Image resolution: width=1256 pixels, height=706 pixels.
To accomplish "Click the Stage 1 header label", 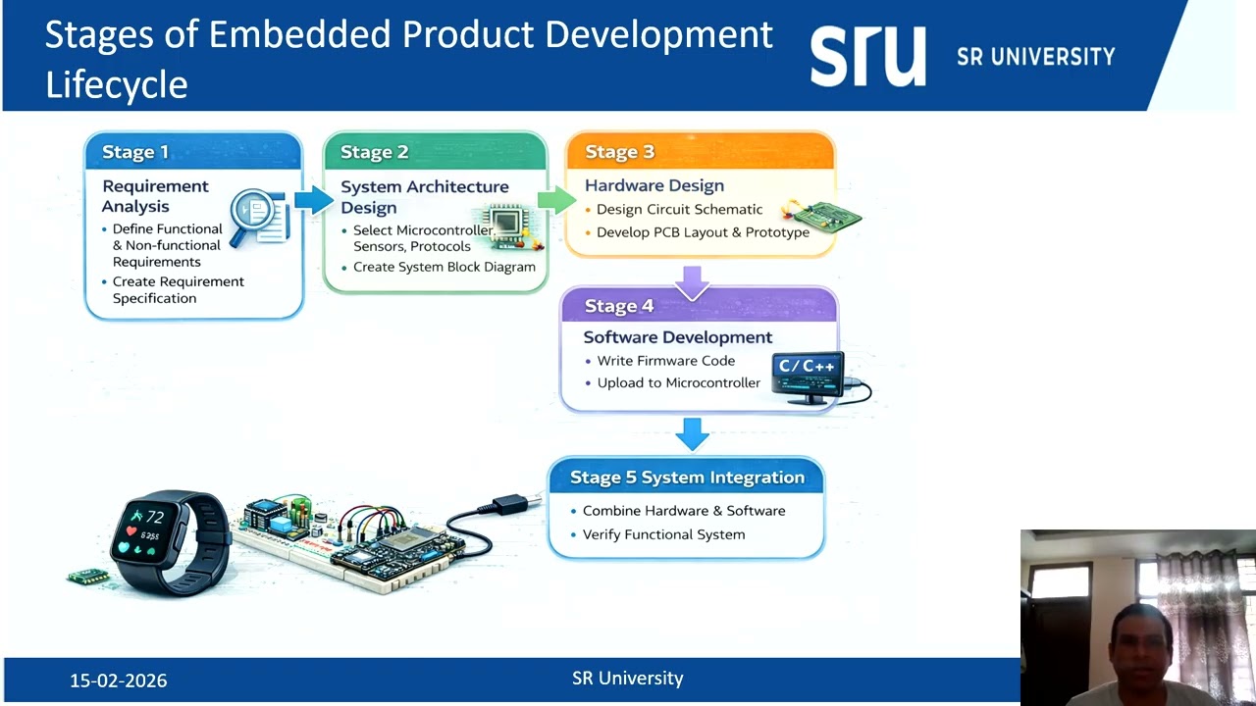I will pyautogui.click(x=135, y=152).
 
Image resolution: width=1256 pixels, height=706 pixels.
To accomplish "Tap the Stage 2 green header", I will pyautogui.click(x=374, y=152).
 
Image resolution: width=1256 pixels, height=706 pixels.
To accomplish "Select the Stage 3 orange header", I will pyautogui.click(x=619, y=152).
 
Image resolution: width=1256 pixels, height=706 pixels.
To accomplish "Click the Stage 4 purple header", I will pyautogui.click(x=619, y=306).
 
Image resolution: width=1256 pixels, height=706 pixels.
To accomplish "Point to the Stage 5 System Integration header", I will pyautogui.click(x=687, y=478).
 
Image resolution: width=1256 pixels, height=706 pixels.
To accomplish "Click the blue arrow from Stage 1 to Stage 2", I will pyautogui.click(x=313, y=200).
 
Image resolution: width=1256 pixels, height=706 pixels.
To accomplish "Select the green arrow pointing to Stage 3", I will pyautogui.click(x=556, y=200).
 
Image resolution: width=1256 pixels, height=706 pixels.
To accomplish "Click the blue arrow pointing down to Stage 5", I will pyautogui.click(x=693, y=433).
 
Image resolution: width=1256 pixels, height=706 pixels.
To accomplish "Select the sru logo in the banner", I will pyautogui.click(x=867, y=56).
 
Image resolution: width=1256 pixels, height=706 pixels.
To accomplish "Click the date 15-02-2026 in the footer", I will pyautogui.click(x=119, y=681).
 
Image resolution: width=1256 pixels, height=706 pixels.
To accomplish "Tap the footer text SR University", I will pyautogui.click(x=628, y=679).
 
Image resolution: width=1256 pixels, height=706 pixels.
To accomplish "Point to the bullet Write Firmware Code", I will pyautogui.click(x=665, y=361).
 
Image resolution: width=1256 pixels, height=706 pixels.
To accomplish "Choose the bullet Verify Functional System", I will pyautogui.click(x=663, y=534).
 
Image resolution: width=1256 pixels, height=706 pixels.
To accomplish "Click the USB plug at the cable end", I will pyautogui.click(x=511, y=505).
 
